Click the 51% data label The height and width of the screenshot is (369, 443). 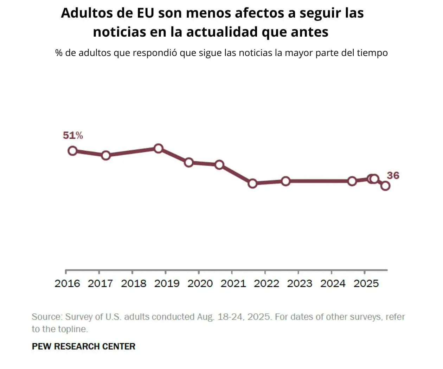click(73, 136)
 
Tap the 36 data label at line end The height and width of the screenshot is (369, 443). click(393, 175)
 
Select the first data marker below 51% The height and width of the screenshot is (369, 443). click(72, 151)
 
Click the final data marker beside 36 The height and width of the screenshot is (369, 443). click(385, 186)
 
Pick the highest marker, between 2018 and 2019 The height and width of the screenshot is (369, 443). click(159, 148)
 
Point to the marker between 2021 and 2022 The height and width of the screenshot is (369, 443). click(252, 183)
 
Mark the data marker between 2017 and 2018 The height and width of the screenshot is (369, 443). click(106, 155)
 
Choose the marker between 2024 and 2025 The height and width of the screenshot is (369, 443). click(352, 181)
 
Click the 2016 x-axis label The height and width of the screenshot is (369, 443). click(67, 283)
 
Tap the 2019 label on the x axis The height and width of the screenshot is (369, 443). click(167, 283)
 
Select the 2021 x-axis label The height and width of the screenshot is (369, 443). click(233, 283)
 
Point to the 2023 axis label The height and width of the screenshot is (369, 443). click(300, 283)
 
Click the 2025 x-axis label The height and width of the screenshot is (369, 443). click(366, 283)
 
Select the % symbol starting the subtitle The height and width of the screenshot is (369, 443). click(59, 53)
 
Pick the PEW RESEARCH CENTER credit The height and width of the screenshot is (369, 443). click(83, 346)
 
